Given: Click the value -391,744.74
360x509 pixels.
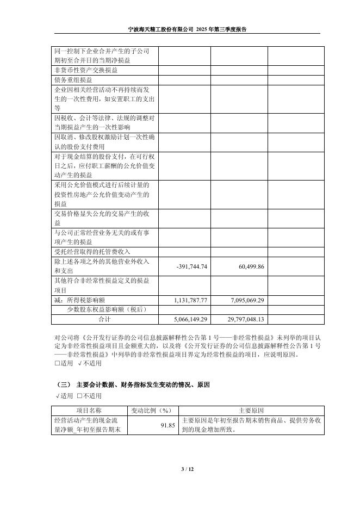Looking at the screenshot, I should pos(192,266).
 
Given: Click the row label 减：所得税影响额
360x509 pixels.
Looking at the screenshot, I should pos(80,300).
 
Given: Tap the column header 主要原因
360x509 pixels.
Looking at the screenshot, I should pos(251,411).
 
